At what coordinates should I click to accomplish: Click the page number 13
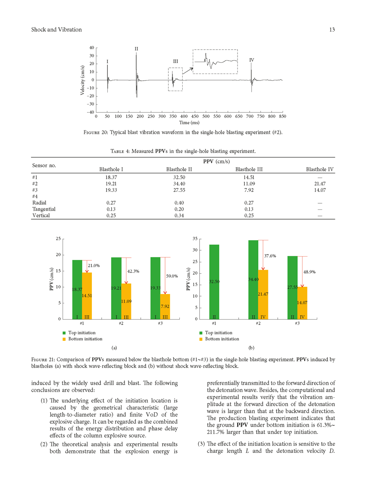pos(331,30)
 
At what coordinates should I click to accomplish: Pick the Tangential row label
pos(44,209)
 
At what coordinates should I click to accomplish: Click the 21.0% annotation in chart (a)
pos(94,266)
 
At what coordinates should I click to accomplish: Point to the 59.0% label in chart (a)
pos(172,276)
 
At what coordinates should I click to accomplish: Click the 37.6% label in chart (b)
pos(270,256)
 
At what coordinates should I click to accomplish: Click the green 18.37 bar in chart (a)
pos(77,289)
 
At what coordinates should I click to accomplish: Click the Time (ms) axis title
pos(190,122)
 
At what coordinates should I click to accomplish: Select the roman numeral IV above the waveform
pos(252,60)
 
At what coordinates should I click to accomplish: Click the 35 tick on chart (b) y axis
pos(194,239)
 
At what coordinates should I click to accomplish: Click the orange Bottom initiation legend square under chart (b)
pos(200,339)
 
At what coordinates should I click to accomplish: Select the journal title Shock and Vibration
pos(57,30)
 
